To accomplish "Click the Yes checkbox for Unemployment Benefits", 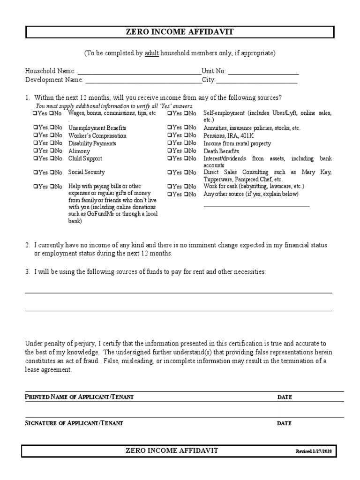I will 35,127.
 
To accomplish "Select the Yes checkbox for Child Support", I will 35,159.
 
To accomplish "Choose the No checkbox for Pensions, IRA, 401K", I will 186,135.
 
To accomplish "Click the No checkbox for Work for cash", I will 186,186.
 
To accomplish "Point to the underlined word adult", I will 151,53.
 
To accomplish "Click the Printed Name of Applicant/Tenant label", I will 79,397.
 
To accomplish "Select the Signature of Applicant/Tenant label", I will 74,423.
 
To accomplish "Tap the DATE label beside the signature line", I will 284,423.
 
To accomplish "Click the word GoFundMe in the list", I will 101,214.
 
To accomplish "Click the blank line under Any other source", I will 256,205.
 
